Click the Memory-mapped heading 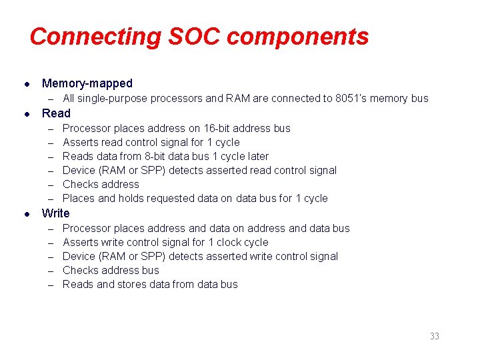[87, 83]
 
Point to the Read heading [56, 113]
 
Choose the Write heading [55, 213]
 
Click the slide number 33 [434, 336]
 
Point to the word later [255, 156]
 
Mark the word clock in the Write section [225, 242]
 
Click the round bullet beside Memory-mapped [25, 84]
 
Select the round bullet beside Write [25, 214]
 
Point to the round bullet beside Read [25, 114]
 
